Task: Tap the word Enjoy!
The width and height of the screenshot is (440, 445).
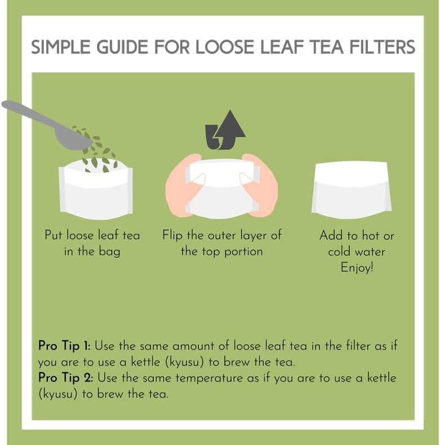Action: coord(356,268)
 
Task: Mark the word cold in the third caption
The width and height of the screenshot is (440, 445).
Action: coord(340,251)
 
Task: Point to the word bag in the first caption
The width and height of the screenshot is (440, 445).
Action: coord(109,252)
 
